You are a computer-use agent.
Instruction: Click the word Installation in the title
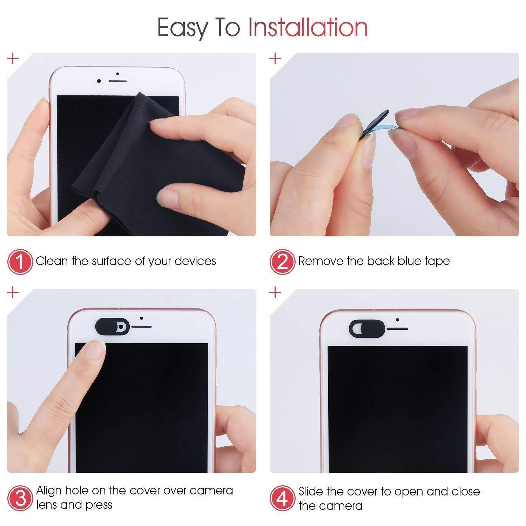pyautogui.click(x=308, y=27)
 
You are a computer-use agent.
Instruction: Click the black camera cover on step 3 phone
pyautogui.click(x=112, y=326)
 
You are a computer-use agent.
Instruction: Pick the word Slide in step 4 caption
pyautogui.click(x=311, y=491)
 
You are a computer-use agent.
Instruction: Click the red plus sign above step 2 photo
pyautogui.click(x=275, y=58)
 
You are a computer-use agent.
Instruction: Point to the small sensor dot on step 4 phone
pyautogui.click(x=397, y=320)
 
